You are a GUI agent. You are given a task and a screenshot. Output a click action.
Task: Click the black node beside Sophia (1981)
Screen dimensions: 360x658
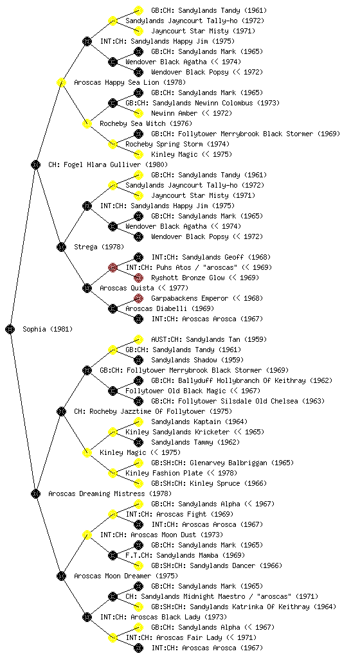point(10,329)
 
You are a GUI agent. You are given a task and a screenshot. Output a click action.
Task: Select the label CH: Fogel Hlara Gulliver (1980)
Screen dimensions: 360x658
point(108,164)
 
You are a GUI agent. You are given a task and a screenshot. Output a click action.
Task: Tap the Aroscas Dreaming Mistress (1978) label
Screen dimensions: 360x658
point(110,493)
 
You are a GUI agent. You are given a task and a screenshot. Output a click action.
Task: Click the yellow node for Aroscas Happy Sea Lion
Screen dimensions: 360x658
point(61,82)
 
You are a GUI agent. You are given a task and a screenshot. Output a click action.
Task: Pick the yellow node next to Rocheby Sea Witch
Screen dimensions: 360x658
point(87,123)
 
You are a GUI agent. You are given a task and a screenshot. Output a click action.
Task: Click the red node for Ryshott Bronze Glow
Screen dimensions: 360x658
point(138,278)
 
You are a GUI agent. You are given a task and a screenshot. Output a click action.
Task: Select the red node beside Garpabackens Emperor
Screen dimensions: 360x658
point(138,298)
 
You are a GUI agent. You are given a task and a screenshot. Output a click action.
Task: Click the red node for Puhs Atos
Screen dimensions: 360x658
point(113,267)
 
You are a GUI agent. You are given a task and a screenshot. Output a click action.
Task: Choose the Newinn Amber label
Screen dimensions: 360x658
point(174,113)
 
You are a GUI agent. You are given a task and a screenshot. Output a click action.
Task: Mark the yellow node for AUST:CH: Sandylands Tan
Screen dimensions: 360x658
point(138,339)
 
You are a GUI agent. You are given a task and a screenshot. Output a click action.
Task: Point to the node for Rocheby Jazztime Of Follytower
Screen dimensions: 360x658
point(61,411)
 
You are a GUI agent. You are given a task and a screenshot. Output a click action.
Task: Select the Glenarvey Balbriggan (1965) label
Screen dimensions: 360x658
point(222,463)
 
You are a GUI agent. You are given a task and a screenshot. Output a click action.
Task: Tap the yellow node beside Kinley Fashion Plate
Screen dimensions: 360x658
point(113,473)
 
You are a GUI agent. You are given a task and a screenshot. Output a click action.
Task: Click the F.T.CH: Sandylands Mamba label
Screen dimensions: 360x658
point(185,555)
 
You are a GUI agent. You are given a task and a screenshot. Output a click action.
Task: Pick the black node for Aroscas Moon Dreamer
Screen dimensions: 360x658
point(61,576)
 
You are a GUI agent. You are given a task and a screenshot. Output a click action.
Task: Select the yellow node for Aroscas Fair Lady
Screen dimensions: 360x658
point(113,637)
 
